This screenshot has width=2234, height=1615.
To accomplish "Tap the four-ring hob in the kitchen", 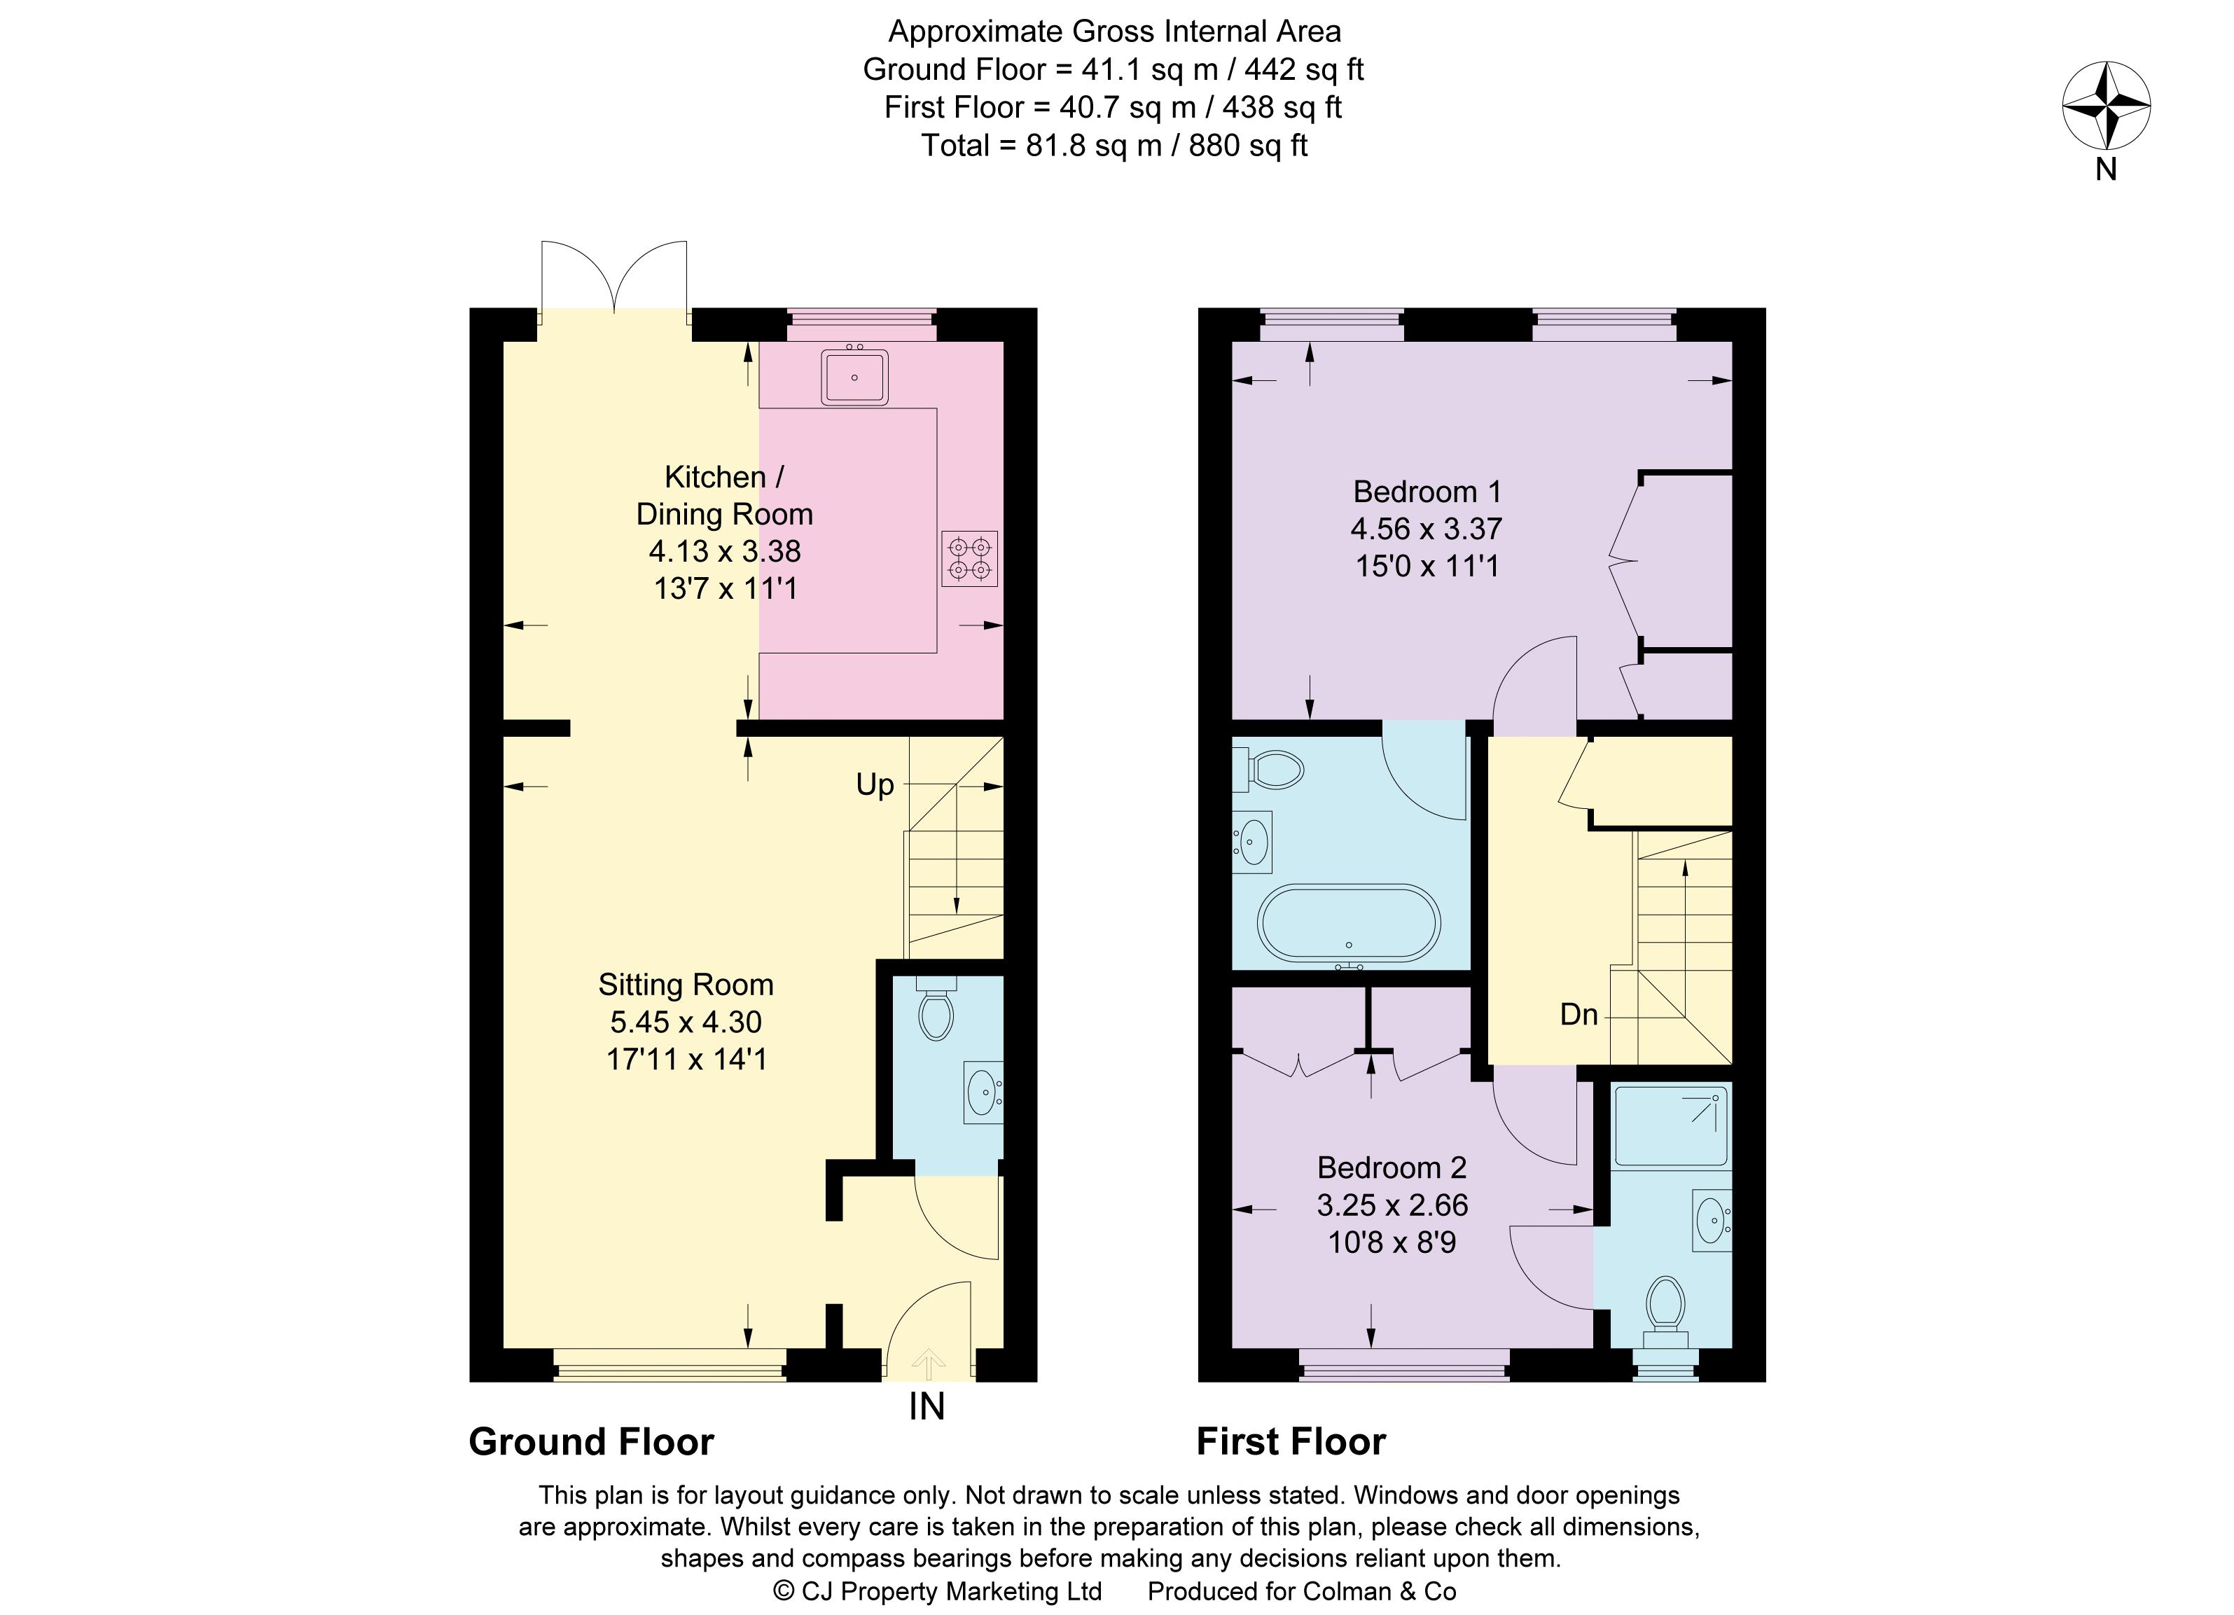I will click(969, 558).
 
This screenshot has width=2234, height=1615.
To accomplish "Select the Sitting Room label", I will click(686, 985).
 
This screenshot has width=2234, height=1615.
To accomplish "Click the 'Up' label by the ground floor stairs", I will click(875, 785).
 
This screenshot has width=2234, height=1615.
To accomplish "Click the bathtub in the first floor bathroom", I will click(1349, 923).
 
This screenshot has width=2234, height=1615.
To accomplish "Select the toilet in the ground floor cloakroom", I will click(935, 1011).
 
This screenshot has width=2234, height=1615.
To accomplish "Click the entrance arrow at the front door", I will click(928, 1363).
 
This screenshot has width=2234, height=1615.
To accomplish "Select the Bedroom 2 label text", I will click(1392, 1168).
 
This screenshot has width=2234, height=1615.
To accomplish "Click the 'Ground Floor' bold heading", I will click(591, 1442).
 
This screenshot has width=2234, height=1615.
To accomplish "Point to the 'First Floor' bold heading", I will click(1291, 1442).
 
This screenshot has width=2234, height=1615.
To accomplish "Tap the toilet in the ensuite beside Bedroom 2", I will click(1665, 1305).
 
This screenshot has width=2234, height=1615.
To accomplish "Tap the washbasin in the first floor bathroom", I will click(1253, 842).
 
